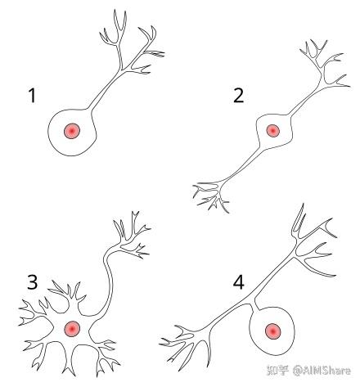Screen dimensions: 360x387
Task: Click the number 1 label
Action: (33, 96)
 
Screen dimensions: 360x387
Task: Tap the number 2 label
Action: (238, 96)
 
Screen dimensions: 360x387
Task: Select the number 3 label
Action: (33, 282)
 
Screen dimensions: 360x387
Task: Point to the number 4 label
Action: (239, 282)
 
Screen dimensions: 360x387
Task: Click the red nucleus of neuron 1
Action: (72, 131)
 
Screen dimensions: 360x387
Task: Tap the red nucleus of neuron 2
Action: (272, 131)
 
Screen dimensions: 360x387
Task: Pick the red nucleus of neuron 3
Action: (72, 329)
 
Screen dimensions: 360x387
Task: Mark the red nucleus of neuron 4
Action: (273, 331)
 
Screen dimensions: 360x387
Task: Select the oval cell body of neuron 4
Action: (256, 338)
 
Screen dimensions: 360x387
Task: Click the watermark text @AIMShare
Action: (322, 371)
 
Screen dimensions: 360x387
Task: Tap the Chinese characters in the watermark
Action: (277, 371)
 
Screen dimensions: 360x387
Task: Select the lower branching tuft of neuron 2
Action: (211, 195)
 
